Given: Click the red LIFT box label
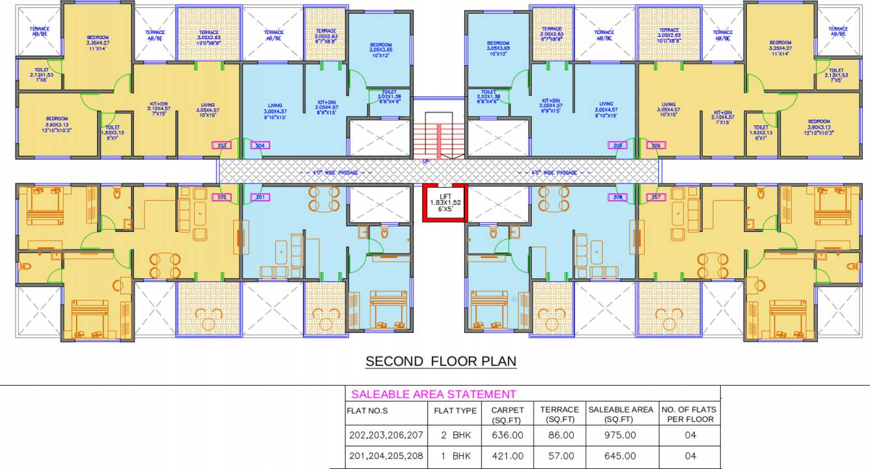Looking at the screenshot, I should (445, 203).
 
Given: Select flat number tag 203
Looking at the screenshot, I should (222, 145).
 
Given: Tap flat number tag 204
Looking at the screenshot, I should (260, 145).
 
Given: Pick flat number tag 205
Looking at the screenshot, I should (618, 145).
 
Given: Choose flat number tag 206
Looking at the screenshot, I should (656, 145).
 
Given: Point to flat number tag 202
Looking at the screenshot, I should (222, 197).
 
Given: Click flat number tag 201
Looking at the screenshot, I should (260, 197).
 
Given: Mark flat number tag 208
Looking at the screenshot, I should (618, 197).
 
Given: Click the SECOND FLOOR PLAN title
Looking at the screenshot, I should (441, 362).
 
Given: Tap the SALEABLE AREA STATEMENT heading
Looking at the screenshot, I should (433, 394).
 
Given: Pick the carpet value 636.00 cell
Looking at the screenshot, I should (508, 435).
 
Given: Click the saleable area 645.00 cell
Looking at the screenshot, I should (621, 456).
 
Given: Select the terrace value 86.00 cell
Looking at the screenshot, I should (559, 435).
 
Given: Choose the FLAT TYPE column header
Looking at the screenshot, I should (455, 410).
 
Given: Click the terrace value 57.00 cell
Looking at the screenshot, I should (559, 456).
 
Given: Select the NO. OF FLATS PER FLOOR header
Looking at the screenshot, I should (688, 414).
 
